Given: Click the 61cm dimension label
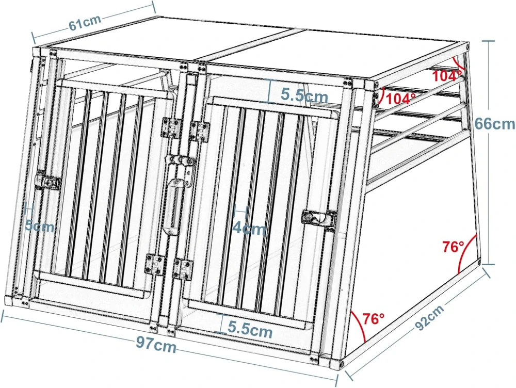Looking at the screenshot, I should [x=85, y=23].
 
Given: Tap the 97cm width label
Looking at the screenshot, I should [x=156, y=345].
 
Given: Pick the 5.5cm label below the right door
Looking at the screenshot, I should [x=250, y=331].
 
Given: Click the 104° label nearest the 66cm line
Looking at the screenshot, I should [x=447, y=76].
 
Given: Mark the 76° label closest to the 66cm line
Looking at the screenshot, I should [x=454, y=247].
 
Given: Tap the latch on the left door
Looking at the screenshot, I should [x=47, y=182].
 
